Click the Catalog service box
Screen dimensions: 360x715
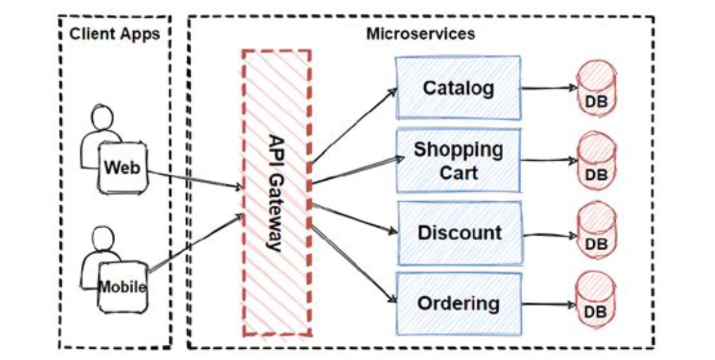pyautogui.click(x=458, y=87)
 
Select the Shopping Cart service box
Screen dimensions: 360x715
pyautogui.click(x=458, y=161)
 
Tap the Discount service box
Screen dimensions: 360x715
pyautogui.click(x=459, y=233)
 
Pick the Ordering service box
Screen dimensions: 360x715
pyautogui.click(x=458, y=304)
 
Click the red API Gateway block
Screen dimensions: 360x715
pyautogui.click(x=277, y=192)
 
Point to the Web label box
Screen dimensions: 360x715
pyautogui.click(x=122, y=168)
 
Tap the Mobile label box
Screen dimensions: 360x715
pyautogui.click(x=122, y=287)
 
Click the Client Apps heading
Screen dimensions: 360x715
pyautogui.click(x=115, y=34)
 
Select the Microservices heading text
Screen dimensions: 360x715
pyautogui.click(x=420, y=34)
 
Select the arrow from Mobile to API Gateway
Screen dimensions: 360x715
pyautogui.click(x=195, y=243)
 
